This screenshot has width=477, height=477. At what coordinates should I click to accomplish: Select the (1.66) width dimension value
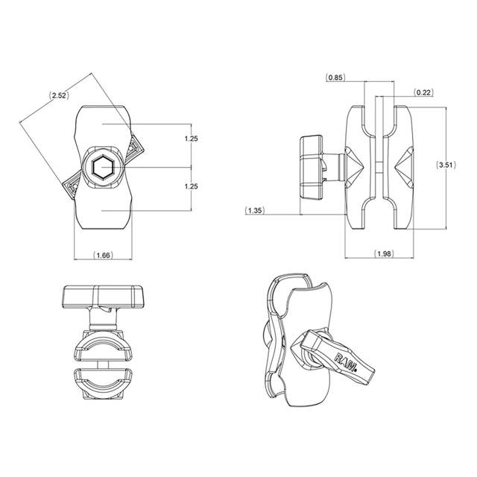click(x=104, y=256)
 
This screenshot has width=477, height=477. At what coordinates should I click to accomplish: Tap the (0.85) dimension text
click(x=336, y=77)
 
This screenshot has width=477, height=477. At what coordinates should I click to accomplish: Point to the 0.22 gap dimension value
click(x=423, y=92)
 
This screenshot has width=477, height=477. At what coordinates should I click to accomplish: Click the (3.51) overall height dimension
click(x=446, y=166)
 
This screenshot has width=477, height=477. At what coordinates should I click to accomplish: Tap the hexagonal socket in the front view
click(x=104, y=168)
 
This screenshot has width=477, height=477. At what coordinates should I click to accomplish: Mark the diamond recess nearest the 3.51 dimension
click(x=406, y=166)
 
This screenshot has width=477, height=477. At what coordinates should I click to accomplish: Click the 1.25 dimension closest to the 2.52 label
click(x=191, y=139)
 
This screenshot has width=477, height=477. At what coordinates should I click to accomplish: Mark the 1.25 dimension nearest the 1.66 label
click(x=191, y=187)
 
